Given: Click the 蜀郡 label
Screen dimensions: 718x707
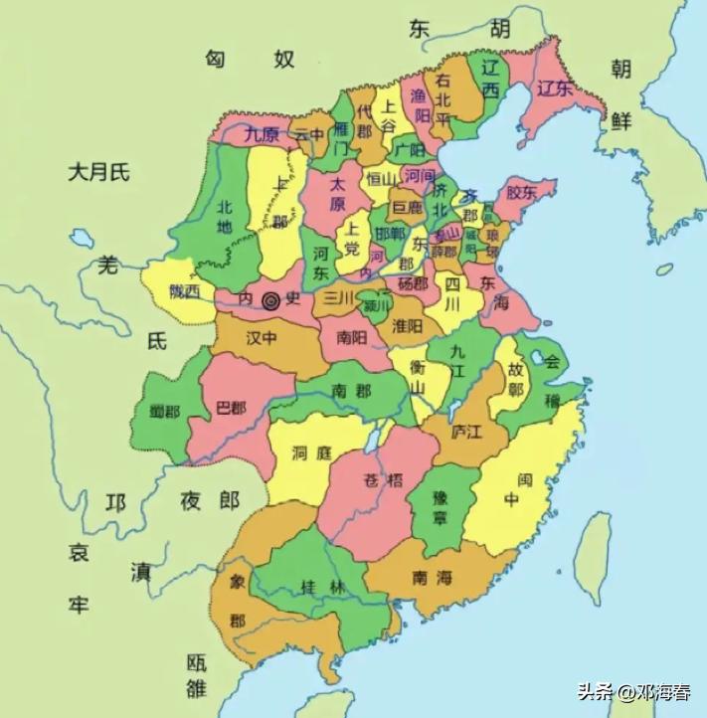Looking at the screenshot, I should pos(166,411).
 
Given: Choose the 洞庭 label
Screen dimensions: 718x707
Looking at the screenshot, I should pos(311,452).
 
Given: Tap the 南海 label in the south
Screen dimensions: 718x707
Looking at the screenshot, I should pos(434,577).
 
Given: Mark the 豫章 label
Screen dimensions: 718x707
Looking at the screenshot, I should pos(438,507).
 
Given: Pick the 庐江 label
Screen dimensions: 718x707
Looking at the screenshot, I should pos(465,432).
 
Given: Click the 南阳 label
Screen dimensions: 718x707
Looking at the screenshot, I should pos(351,336).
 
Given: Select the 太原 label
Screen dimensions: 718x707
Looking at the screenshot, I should pos(338,192).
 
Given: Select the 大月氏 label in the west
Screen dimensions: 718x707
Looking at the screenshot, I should pos(99,172).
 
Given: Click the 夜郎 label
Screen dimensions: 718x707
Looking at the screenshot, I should pos(210,500).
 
